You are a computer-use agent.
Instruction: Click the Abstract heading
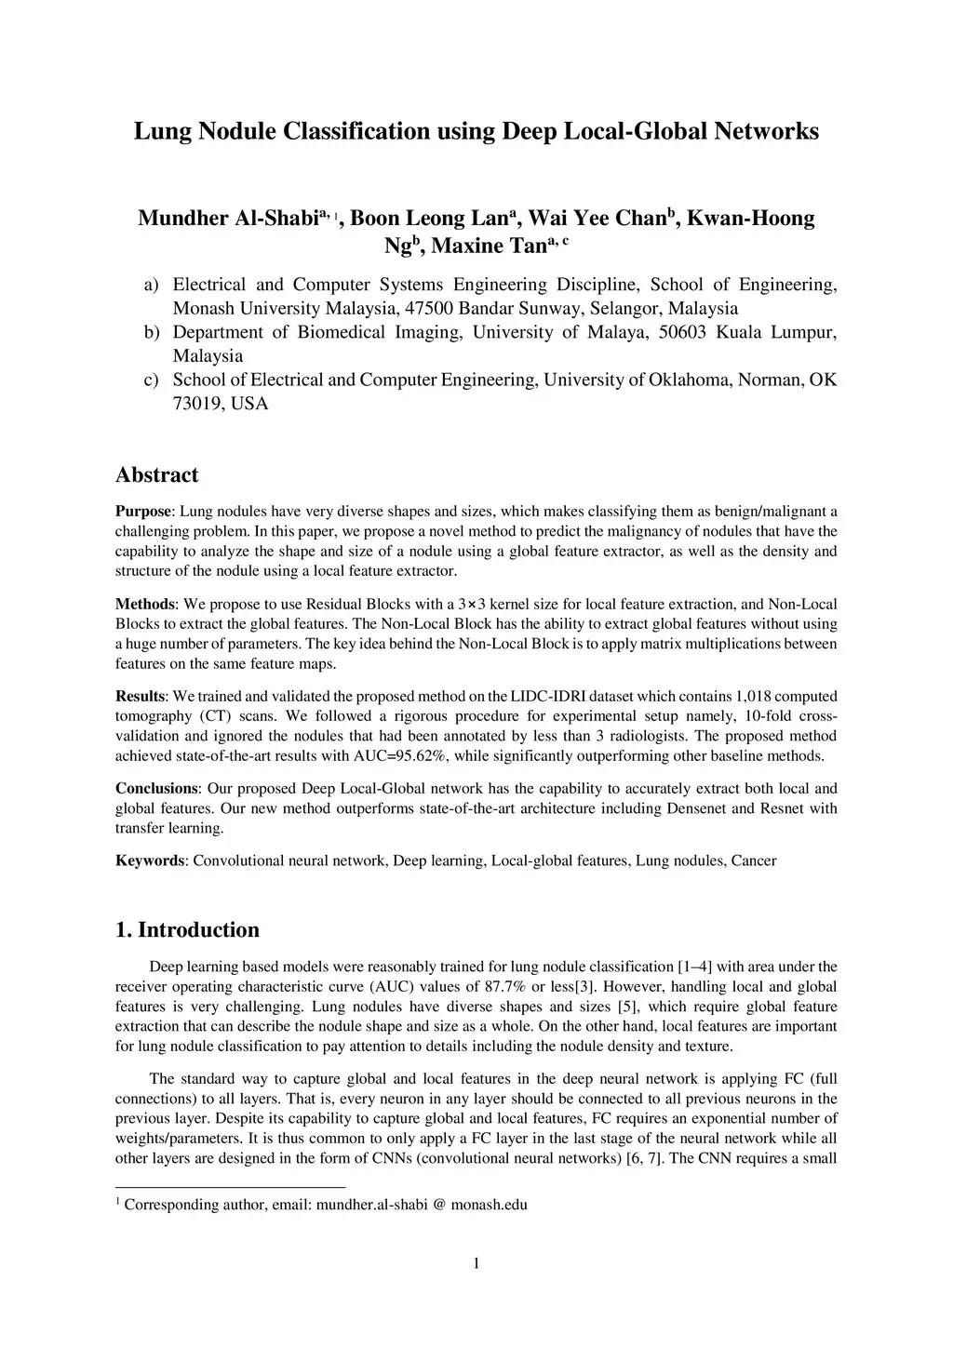tap(156, 475)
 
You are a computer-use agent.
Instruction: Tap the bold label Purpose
tap(143, 511)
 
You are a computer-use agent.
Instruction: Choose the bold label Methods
tap(144, 604)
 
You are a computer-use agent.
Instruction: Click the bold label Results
tap(141, 696)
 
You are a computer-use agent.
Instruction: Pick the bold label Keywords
tap(150, 860)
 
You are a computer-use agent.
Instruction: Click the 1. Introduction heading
tap(187, 930)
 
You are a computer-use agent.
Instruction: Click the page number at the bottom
tap(476, 1262)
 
